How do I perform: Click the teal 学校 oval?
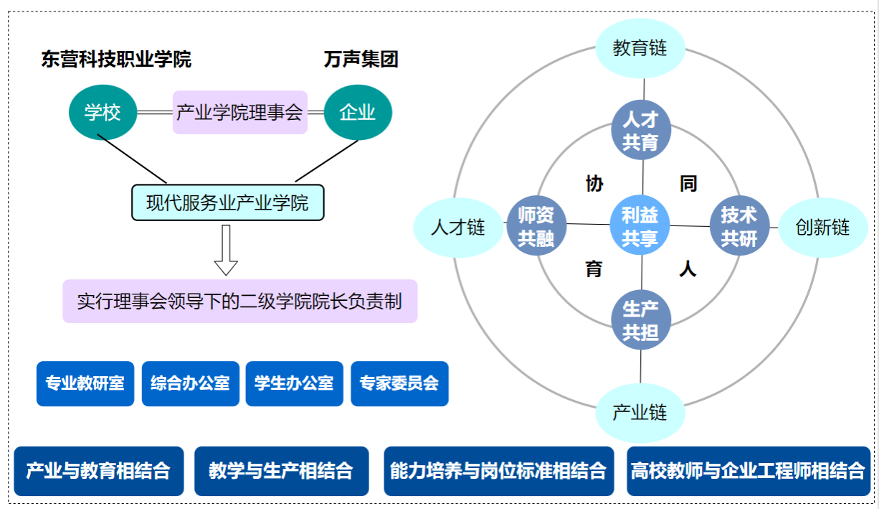103,112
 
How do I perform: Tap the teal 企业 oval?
358,112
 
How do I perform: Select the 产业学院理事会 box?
239,112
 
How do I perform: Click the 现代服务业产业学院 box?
228,202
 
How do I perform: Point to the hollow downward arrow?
227,250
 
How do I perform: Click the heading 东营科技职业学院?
116,60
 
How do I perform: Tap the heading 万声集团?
361,60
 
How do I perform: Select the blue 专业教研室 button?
85,383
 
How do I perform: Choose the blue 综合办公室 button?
190,383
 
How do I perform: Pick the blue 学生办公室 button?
295,383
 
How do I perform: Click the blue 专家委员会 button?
399,383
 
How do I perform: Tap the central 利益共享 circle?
640,226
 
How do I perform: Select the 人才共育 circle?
640,131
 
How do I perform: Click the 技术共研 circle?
739,226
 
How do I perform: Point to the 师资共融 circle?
536,226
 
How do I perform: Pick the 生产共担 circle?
640,320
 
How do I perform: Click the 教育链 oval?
640,48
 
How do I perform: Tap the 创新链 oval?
823,228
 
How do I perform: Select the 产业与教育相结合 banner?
98,471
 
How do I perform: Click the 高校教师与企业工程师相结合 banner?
748,471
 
